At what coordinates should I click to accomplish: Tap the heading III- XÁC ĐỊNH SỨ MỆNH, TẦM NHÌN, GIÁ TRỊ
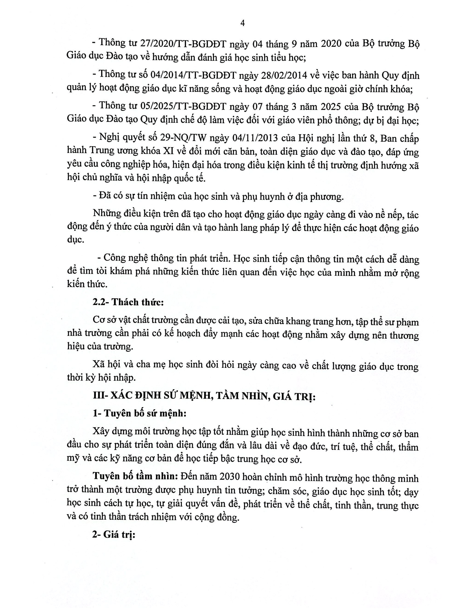pyautogui.click(x=204, y=397)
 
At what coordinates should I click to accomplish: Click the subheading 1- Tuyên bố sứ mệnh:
pyautogui.click(x=139, y=414)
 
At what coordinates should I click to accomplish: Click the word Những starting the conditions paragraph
pyautogui.click(x=105, y=214)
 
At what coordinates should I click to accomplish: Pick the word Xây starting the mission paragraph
pyautogui.click(x=101, y=432)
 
